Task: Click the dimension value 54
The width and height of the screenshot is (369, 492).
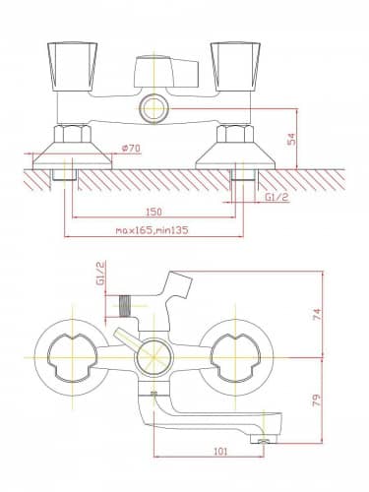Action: (292, 139)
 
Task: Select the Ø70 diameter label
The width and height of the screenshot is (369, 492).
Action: (131, 149)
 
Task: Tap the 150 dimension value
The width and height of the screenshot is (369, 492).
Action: (154, 212)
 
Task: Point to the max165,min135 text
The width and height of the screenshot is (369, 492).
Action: (153, 230)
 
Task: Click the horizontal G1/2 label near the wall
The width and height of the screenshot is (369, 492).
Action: (277, 197)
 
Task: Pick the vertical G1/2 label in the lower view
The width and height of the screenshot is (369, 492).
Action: (100, 273)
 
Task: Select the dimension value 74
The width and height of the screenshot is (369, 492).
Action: (317, 315)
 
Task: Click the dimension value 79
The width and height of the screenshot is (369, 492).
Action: (317, 400)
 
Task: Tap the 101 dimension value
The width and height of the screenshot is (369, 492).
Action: (220, 452)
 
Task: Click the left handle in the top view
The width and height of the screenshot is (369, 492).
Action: (73, 67)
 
